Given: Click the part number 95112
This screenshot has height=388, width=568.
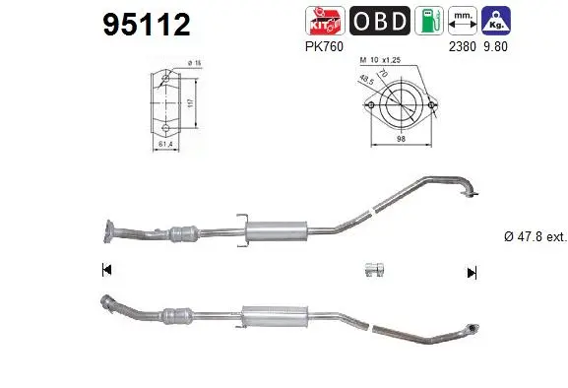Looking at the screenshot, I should tap(146, 25).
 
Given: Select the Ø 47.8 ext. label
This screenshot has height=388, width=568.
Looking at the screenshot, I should tap(530, 236).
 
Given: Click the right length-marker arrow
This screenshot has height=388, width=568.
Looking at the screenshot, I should tap(472, 272).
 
